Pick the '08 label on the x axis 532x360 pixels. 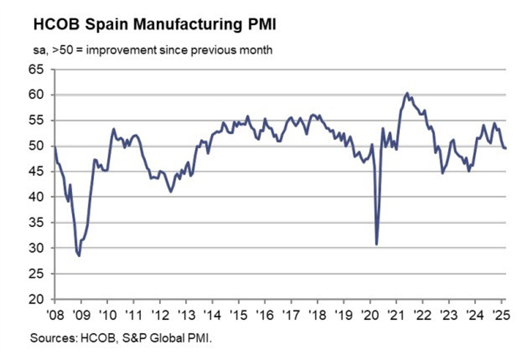[55, 315]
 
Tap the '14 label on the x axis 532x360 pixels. [212, 315]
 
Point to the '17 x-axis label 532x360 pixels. [291, 315]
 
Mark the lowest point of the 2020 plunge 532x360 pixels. [376, 244]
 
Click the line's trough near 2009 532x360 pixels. [79, 255]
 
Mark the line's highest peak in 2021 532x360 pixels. [407, 93]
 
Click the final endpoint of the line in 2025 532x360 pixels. [505, 148]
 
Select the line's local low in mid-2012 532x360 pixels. [171, 191]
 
